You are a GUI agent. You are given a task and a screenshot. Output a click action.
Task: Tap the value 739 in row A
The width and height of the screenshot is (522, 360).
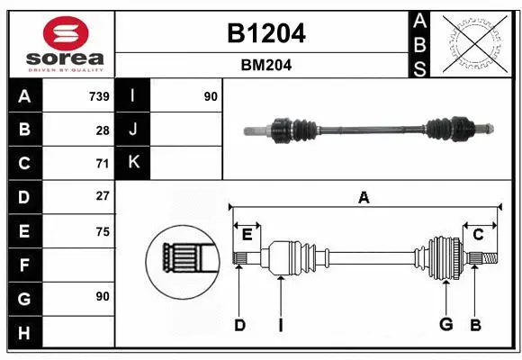point(99,96)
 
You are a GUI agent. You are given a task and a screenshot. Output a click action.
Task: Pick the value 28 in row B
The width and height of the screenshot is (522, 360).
point(102,130)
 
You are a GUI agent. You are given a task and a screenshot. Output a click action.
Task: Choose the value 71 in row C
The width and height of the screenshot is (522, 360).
point(102,164)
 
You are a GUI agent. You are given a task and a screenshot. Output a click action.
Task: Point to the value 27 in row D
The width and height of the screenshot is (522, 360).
point(102,196)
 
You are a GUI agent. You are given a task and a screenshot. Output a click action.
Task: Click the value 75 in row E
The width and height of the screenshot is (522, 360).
point(102,231)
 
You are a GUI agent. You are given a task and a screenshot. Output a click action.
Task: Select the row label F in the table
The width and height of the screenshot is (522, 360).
point(24,265)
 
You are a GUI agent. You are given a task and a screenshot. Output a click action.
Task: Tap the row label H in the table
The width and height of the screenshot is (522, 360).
point(24,333)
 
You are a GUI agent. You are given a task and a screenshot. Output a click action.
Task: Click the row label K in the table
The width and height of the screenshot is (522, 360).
point(133,163)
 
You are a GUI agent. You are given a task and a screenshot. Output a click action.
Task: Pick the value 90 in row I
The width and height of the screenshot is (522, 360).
point(211,96)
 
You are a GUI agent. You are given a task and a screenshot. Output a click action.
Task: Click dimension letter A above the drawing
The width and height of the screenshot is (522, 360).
point(364,197)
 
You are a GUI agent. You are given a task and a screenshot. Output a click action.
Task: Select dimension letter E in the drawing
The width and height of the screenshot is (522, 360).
point(247,235)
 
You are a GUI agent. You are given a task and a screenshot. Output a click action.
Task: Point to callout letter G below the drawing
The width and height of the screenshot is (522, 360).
point(445,325)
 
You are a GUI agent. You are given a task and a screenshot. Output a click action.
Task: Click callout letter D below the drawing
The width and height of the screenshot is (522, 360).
point(239,325)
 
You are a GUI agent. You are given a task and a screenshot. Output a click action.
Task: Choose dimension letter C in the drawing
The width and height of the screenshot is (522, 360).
point(479,235)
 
